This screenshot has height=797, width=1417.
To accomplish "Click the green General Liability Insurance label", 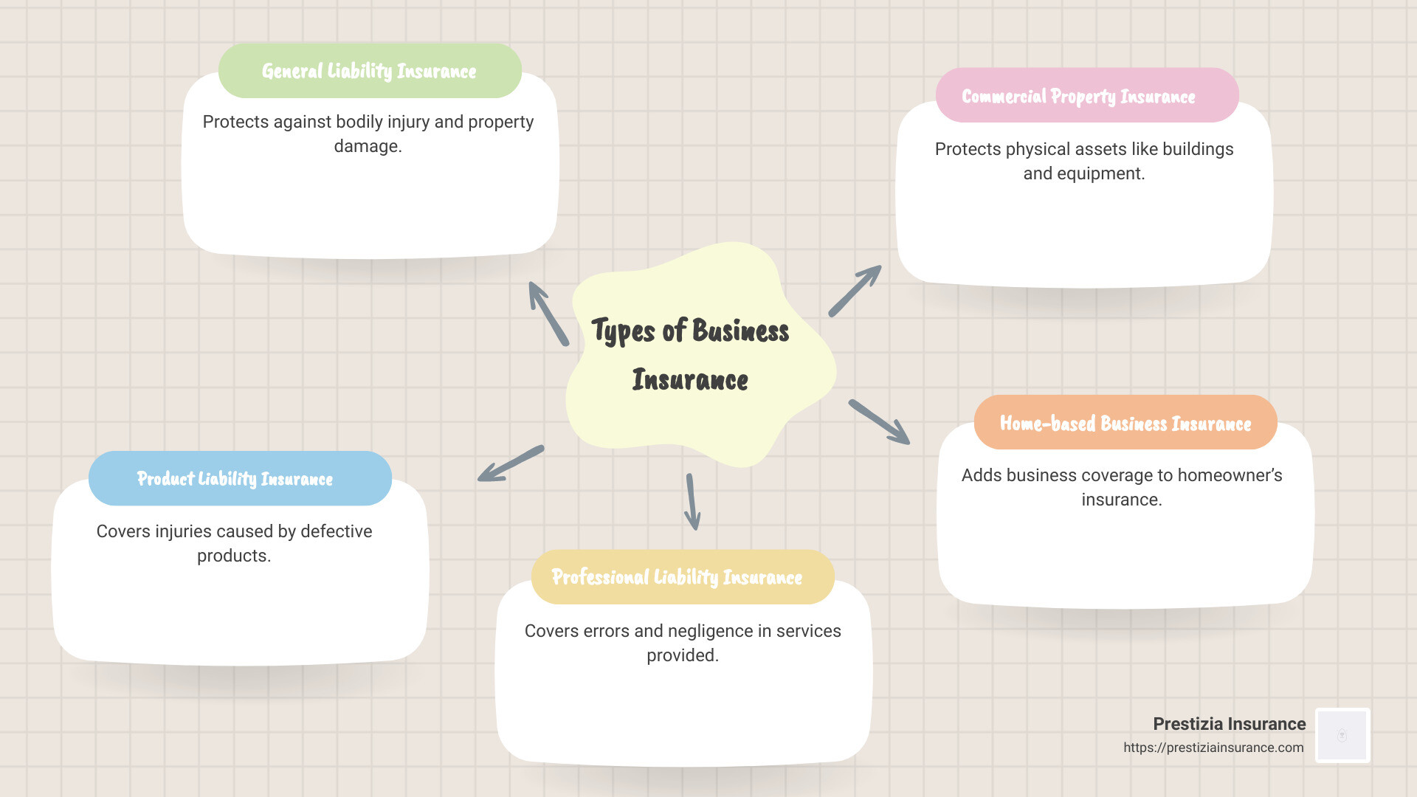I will pos(369,71).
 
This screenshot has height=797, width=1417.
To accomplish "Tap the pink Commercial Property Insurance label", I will pos(1078,96).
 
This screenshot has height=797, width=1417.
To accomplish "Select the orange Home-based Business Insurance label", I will pos(1125,423).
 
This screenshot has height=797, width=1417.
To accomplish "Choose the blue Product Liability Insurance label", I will pos(235,478).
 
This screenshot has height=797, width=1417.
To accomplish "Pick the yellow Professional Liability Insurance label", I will pos(677,577).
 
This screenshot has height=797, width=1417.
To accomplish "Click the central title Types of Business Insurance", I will pos(690,354).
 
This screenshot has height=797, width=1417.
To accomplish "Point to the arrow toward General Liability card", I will pos(548,314).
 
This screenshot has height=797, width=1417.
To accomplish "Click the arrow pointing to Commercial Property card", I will pos(855,291).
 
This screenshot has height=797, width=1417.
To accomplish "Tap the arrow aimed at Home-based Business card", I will pos(879,422).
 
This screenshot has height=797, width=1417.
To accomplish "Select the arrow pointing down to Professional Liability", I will pos(692,502).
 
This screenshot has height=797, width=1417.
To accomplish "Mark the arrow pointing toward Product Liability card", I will pos(511,463).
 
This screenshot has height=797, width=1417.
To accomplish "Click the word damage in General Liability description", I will pos(366,146).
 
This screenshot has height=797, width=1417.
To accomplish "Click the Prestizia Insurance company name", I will pos(1229,724).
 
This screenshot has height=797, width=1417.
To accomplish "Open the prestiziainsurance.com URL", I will pos(1213,748).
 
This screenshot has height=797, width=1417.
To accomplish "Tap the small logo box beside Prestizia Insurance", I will pos(1342,735).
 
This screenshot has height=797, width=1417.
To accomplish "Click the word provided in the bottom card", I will pos(682,655).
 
